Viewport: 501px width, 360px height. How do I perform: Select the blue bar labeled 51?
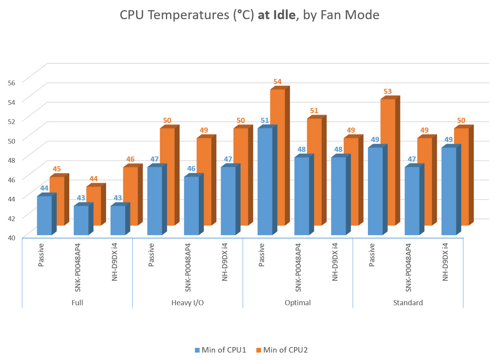pyautogui.click(x=265, y=182)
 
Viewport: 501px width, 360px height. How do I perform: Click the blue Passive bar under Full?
pyautogui.click(x=44, y=215)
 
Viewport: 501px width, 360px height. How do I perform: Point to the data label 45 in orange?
pyautogui.click(x=57, y=169)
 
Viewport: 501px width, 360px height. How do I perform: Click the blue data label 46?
pyautogui.click(x=191, y=169)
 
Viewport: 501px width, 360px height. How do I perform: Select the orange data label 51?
pyautogui.click(x=314, y=111)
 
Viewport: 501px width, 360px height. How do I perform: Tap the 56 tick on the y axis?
pyautogui.click(x=11, y=83)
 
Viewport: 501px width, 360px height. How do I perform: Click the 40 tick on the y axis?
pyautogui.click(x=11, y=237)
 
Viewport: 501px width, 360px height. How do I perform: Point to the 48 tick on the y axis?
pyautogui.click(x=11, y=160)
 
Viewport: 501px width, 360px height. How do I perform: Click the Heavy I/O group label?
pyautogui.click(x=187, y=302)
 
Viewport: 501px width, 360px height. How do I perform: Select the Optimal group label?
pyautogui.click(x=298, y=302)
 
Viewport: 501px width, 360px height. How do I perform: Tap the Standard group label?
pyautogui.click(x=408, y=302)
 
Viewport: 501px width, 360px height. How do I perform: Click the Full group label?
pyautogui.click(x=77, y=302)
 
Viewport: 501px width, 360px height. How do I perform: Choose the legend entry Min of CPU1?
pyautogui.click(x=220, y=350)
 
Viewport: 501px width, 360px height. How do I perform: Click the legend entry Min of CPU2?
pyautogui.click(x=282, y=350)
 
